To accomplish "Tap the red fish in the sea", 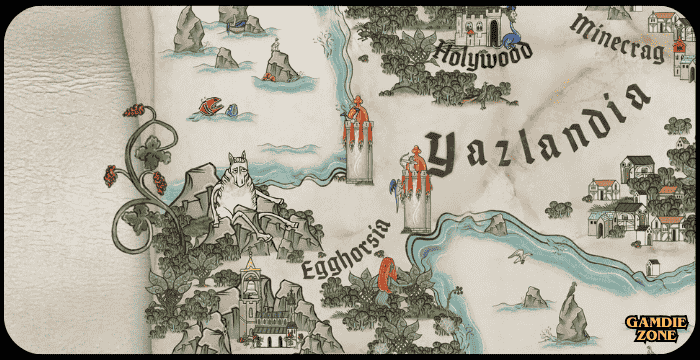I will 210,104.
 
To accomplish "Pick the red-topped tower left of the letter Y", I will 357,140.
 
